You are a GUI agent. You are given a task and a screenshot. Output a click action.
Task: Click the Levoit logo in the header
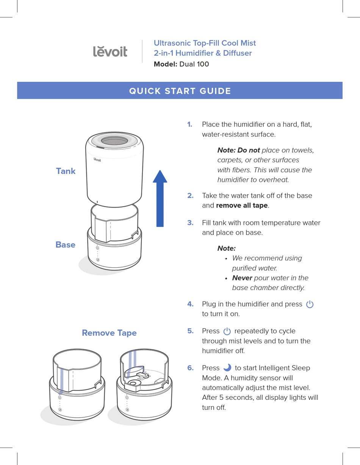pos(110,51)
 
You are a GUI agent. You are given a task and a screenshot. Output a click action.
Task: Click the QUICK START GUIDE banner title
pos(180,91)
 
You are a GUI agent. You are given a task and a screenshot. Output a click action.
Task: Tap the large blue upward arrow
pos(160,198)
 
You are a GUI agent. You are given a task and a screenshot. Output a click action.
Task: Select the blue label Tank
pos(66,171)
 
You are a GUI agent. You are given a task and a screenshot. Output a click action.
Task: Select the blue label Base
pos(65,245)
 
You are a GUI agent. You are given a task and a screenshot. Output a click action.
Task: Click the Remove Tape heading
pos(109,333)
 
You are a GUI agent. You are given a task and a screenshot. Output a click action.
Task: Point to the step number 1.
pos(189,125)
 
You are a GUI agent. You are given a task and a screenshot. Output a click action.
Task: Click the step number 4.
pos(190,304)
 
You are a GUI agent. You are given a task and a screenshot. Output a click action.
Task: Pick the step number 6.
pos(190,368)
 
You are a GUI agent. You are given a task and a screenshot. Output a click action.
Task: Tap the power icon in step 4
pos(310,304)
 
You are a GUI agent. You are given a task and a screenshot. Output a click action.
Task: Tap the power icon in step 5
pos(227,331)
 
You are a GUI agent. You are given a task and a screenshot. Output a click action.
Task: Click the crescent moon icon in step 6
pos(227,368)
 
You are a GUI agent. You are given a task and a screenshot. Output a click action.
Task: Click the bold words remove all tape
pos(242,206)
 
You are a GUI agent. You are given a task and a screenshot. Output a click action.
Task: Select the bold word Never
pos(242,278)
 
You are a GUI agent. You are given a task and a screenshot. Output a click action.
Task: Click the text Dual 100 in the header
pos(194,64)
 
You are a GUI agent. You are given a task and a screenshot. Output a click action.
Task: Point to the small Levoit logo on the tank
pos(97,160)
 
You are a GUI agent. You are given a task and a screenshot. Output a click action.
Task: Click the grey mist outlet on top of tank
pos(114,141)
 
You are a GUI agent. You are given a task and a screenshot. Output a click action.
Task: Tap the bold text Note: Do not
pos(238,150)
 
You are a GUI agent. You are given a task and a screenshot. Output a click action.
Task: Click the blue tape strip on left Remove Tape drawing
pos(62,381)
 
